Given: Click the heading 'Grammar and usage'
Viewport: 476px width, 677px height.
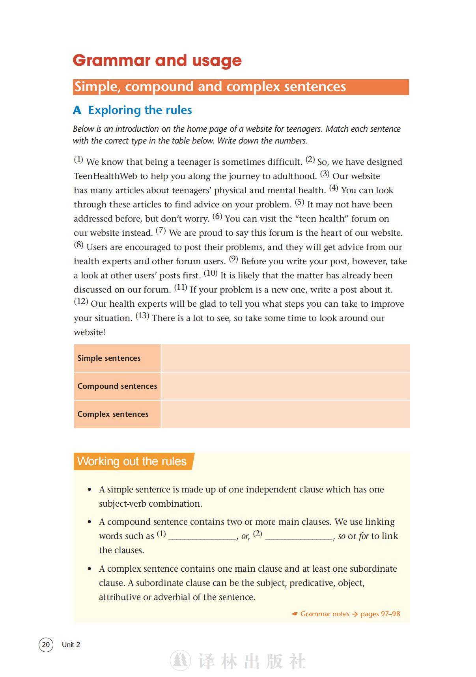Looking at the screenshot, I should (157, 60).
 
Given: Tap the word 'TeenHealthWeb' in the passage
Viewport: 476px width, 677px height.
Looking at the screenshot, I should (105, 176).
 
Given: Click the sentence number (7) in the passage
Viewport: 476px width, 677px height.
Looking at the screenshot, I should (161, 231).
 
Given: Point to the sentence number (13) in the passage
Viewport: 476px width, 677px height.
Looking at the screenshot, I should (142, 316).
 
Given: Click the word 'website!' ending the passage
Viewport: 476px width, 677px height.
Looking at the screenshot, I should (90, 332).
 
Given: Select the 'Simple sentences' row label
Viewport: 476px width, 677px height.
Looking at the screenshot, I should (109, 358).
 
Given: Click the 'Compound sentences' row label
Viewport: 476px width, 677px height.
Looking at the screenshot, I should (117, 386).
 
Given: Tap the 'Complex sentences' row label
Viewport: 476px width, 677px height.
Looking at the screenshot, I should (113, 414).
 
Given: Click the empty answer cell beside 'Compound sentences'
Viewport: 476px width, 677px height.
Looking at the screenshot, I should (285, 386).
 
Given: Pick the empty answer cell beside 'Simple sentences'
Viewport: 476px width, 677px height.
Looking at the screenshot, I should (285, 358).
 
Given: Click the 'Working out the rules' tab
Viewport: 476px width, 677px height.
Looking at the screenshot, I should (132, 461).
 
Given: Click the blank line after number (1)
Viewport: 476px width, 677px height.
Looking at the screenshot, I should (202, 536).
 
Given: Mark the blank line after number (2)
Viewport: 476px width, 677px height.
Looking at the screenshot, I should (299, 536).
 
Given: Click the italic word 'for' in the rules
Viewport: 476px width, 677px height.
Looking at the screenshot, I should (364, 536).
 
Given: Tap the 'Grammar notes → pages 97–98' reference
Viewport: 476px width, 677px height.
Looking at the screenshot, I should (346, 614).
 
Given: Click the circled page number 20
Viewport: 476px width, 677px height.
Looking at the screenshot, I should (46, 645).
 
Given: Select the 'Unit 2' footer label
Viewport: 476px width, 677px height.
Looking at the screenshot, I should (71, 645).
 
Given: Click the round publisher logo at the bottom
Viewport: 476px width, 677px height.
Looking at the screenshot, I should (180, 660).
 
